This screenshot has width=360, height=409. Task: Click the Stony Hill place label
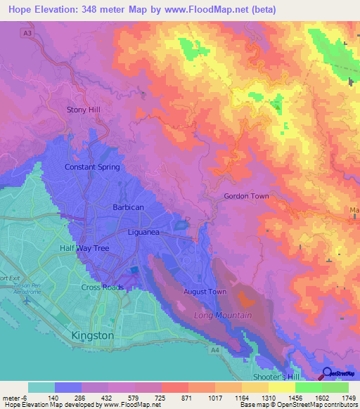coord(84,110)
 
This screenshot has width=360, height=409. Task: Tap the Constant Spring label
coord(92,167)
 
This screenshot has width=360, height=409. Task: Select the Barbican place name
coord(128,207)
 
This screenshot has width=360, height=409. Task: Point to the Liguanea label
coord(146,231)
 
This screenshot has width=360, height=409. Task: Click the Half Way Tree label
coord(77,247)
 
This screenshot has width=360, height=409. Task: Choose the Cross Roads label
coord(101,287)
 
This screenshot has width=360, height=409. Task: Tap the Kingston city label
coord(92,336)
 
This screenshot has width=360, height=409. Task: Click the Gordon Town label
coord(246,196)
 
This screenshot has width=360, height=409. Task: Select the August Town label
coord(205,291)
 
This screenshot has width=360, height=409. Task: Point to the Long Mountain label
coord(223,316)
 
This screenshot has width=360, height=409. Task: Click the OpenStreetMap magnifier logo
coord(327,373)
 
